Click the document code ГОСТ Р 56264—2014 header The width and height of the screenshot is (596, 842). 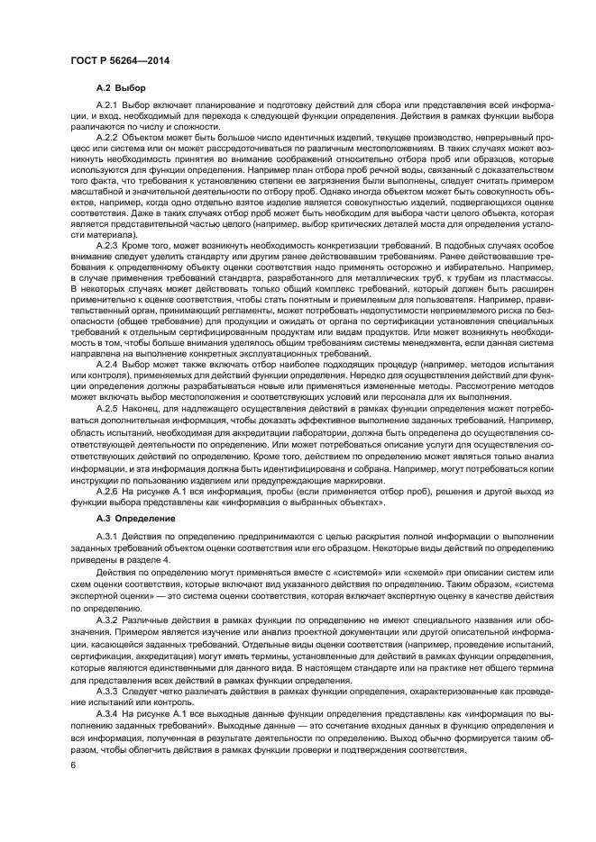click(x=119, y=60)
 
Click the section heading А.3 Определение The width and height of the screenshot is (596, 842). click(x=129, y=520)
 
